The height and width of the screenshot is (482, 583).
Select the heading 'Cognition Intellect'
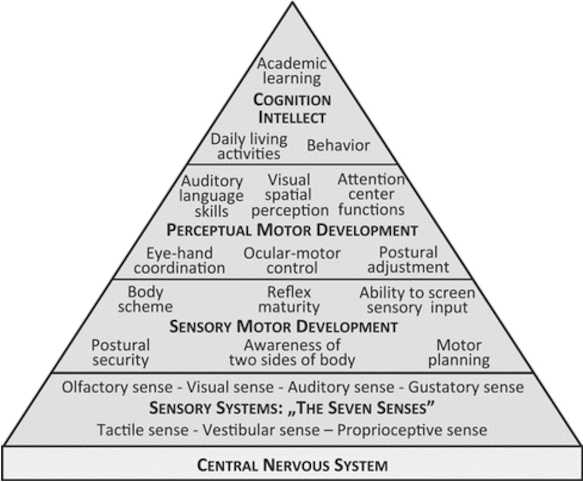pos(292,109)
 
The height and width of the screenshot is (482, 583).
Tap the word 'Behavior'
pos(338,145)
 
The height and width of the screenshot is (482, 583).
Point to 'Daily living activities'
pos(249,146)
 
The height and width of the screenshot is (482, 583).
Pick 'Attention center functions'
pos(371,195)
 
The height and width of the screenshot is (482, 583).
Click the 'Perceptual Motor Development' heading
pos(292,230)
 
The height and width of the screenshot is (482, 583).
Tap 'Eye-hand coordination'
pos(179,260)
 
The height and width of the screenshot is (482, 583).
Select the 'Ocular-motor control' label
pos(292,260)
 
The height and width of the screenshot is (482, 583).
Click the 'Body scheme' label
pos(145,299)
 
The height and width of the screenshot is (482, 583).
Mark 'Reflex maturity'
pos(289,299)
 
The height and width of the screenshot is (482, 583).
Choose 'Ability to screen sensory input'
pos(417,300)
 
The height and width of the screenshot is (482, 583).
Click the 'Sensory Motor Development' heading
pos(284,327)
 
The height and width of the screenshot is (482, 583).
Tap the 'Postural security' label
pos(121,353)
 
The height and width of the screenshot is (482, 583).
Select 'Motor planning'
pos(459,353)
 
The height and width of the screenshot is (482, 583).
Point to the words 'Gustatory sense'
pos(466,387)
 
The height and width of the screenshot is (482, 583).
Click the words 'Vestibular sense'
pos(261,430)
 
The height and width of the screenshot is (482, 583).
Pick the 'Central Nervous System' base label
pos(292,465)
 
